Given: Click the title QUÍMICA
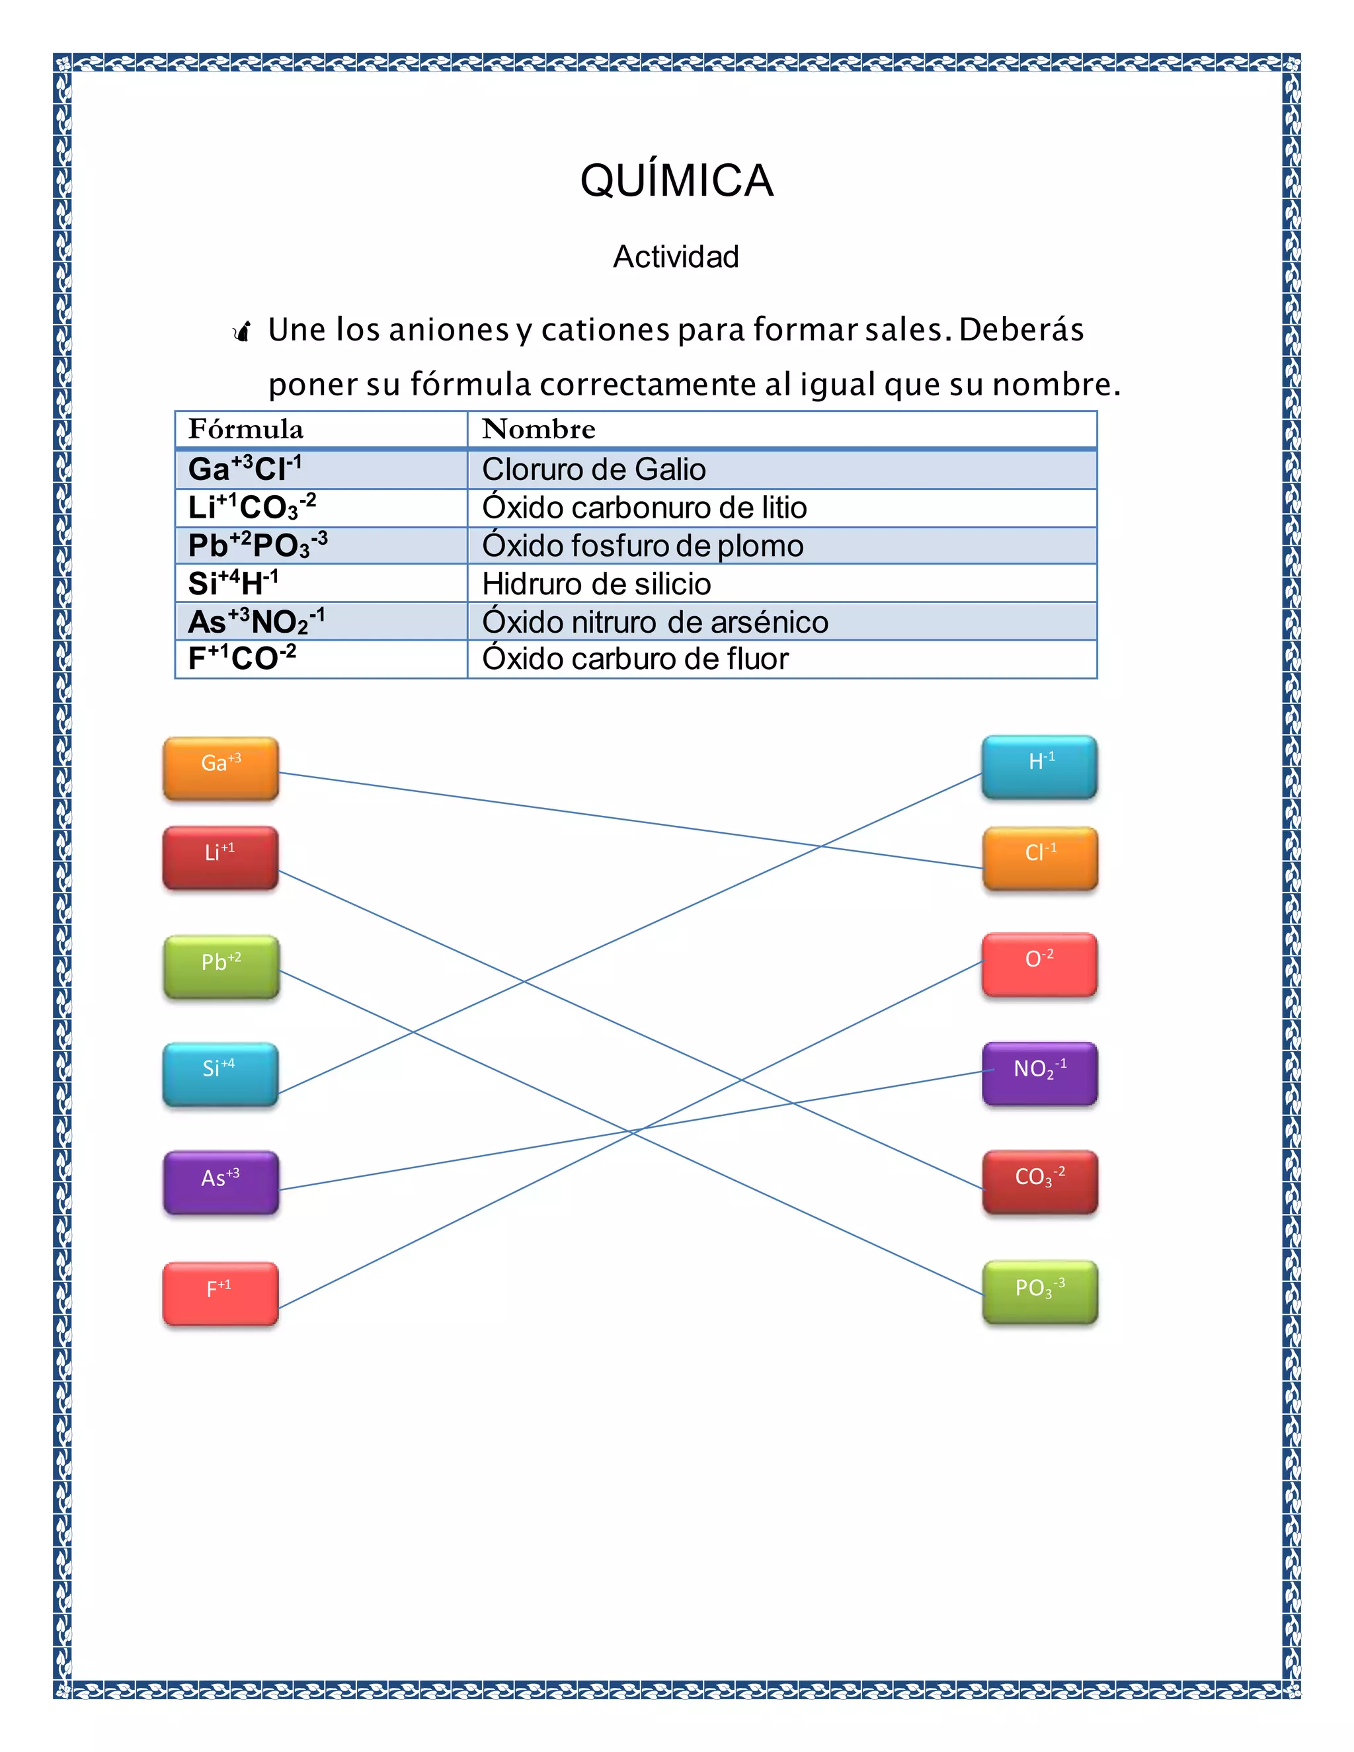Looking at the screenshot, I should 676,180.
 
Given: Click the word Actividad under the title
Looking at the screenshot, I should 676,257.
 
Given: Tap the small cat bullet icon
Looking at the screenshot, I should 241,331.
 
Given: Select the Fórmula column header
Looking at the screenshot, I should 245,429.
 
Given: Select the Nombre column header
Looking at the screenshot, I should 538,429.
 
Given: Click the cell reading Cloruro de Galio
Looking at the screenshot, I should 594,469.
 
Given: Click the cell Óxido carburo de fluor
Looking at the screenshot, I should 635,659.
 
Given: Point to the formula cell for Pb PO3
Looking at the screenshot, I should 257,545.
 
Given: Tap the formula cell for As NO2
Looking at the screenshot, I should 256,621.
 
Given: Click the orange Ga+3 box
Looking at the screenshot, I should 221,768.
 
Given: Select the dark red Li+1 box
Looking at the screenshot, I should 221,857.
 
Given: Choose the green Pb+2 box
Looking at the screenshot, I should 221,967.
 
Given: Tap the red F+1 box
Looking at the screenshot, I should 221,1293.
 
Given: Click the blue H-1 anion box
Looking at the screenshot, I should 1039,766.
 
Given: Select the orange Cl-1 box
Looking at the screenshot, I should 1039,857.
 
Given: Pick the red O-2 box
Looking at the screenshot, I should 1039,964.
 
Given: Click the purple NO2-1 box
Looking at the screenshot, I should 1039,1073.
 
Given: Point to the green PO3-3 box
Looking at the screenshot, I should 1039,1292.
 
